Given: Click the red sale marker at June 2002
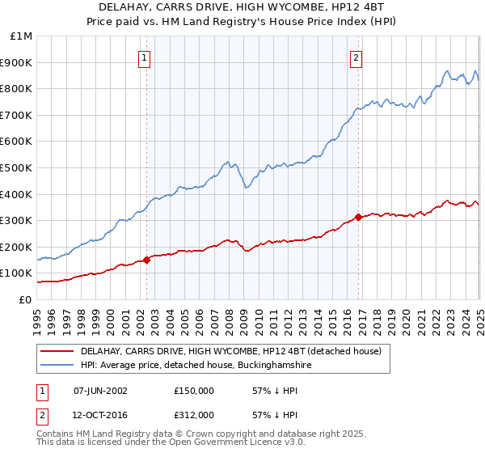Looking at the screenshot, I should click(x=147, y=260).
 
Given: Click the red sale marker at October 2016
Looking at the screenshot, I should click(x=358, y=217).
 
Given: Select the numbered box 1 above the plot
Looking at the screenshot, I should click(x=144, y=57).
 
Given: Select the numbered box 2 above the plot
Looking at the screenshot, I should click(x=356, y=57).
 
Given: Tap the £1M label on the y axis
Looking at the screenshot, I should click(x=23, y=36).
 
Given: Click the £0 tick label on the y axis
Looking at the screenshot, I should click(x=26, y=299).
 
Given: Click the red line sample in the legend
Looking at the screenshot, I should click(x=57, y=351).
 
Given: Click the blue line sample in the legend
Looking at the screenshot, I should click(x=57, y=366).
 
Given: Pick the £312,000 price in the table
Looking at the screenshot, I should click(x=194, y=415).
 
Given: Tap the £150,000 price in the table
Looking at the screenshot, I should click(x=194, y=391).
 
